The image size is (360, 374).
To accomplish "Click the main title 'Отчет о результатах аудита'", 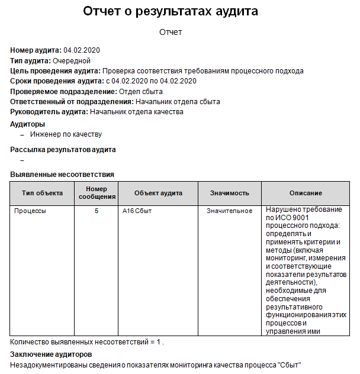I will [x=171, y=11].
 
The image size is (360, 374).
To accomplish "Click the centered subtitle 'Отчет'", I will [x=171, y=32].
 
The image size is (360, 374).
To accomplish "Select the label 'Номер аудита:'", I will [x=36, y=50].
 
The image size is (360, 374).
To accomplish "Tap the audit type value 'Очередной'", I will [x=71, y=60].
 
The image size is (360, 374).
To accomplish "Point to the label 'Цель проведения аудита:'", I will [x=55, y=71].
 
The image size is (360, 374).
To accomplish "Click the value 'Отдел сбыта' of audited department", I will [x=140, y=92].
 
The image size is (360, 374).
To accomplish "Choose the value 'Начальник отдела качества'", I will [x=136, y=111].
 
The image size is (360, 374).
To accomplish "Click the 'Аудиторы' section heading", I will [x=28, y=124].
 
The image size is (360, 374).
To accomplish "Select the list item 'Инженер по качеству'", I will [x=66, y=134].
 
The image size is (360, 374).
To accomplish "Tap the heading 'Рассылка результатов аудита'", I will [x=63, y=150].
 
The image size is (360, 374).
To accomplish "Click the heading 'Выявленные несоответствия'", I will [x=62, y=175].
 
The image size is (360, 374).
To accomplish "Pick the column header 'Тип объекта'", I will [x=42, y=194].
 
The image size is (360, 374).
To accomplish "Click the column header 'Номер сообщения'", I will [x=97, y=193].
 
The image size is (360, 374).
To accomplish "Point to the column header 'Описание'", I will [x=306, y=194].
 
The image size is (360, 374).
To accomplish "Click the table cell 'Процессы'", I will [x=30, y=211].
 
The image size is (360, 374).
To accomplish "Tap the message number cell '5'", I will [x=97, y=211].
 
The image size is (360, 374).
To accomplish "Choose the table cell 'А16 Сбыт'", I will [x=137, y=211].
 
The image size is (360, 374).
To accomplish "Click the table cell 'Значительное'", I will [x=230, y=211].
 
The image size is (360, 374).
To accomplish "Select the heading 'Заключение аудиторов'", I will [x=51, y=354].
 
